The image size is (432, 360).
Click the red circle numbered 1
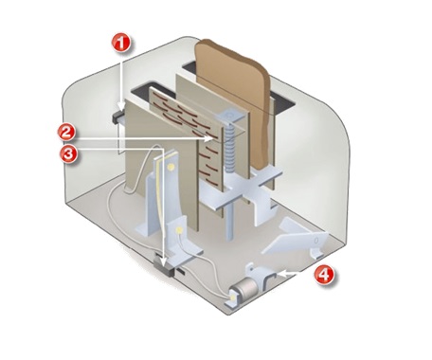point(119,43)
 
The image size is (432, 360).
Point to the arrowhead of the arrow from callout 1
point(119,110)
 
